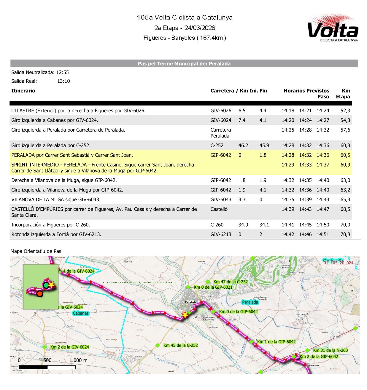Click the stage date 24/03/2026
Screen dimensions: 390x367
[x=199, y=28]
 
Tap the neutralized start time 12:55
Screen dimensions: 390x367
[x=62, y=72]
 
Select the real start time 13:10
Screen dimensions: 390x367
[x=63, y=81]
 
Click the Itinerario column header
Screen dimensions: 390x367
[x=23, y=91]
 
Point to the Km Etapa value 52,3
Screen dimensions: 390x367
[x=345, y=111]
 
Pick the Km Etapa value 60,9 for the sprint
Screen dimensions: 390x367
[x=345, y=165]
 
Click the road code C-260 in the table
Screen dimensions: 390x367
[x=217, y=225]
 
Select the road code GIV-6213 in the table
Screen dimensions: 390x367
[x=221, y=234]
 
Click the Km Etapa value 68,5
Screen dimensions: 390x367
[x=345, y=209]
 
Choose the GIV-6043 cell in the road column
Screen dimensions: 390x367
[x=221, y=199]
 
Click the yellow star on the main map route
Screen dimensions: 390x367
[x=185, y=315]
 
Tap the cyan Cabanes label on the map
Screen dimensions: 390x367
[x=81, y=313]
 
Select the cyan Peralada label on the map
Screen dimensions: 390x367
[x=250, y=302]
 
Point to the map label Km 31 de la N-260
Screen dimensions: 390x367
[x=330, y=350]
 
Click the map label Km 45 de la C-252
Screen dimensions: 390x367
[x=180, y=345]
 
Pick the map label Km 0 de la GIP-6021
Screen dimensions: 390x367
[x=213, y=287]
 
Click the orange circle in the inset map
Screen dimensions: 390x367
[x=40, y=294]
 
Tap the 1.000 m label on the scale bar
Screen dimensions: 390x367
[x=78, y=360]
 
